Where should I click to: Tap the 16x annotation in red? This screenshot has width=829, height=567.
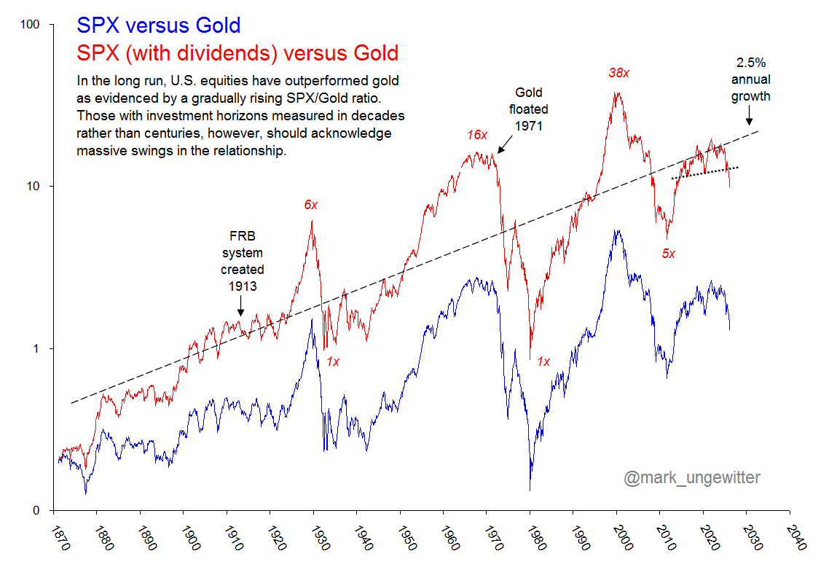pyautogui.click(x=477, y=135)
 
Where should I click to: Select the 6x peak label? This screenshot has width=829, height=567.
pyautogui.click(x=311, y=205)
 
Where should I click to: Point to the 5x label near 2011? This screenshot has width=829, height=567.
pyautogui.click(x=668, y=254)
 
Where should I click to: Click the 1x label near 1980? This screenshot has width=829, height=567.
pyautogui.click(x=543, y=361)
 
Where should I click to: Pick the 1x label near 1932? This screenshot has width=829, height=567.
pyautogui.click(x=333, y=361)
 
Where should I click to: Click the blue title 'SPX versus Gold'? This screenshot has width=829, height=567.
pyautogui.click(x=158, y=26)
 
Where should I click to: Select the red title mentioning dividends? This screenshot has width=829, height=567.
pyautogui.click(x=237, y=53)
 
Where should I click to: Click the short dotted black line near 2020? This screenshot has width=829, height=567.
pyautogui.click(x=705, y=173)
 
